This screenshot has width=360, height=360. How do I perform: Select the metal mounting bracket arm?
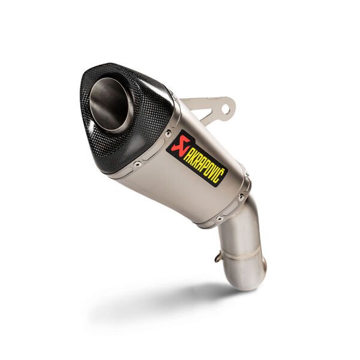(207, 110)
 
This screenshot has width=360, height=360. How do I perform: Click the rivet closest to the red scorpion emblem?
(167, 133)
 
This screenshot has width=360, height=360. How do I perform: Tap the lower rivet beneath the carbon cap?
(138, 163)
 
